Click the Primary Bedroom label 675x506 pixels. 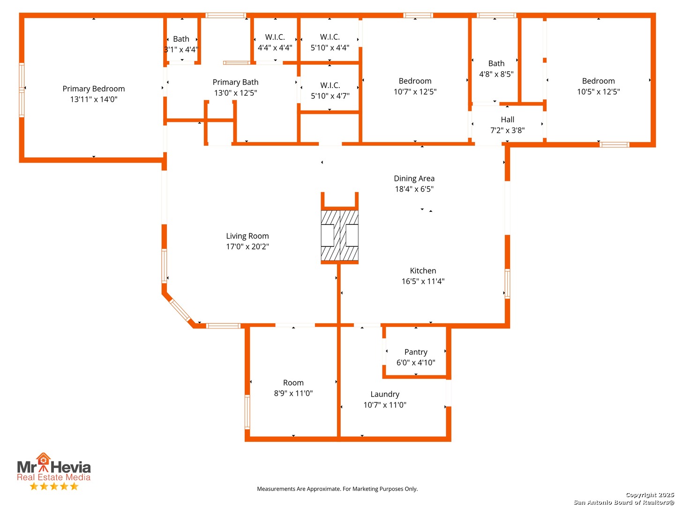coord(94,89)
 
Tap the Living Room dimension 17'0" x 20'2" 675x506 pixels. coord(247,247)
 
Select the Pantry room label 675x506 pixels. coord(416,352)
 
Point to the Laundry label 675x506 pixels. coord(385,394)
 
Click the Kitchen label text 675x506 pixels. coord(423,271)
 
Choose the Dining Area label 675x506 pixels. coord(414,179)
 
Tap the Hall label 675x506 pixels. coord(507,120)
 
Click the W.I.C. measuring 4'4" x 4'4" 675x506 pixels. coord(275,42)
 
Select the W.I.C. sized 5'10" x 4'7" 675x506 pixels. coord(330,91)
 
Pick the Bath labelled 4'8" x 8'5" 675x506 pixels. coord(496,69)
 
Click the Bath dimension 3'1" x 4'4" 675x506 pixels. coord(181,50)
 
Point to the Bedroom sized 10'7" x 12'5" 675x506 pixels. coord(415,86)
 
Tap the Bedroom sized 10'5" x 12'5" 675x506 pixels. coord(598,86)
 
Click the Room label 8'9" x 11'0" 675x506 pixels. coord(293,388)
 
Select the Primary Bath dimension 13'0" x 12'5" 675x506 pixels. coord(235,93)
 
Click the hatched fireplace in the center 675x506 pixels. coord(340,236)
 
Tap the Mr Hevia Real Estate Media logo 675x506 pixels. coord(53,468)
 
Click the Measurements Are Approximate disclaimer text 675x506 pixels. coord(337,489)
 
